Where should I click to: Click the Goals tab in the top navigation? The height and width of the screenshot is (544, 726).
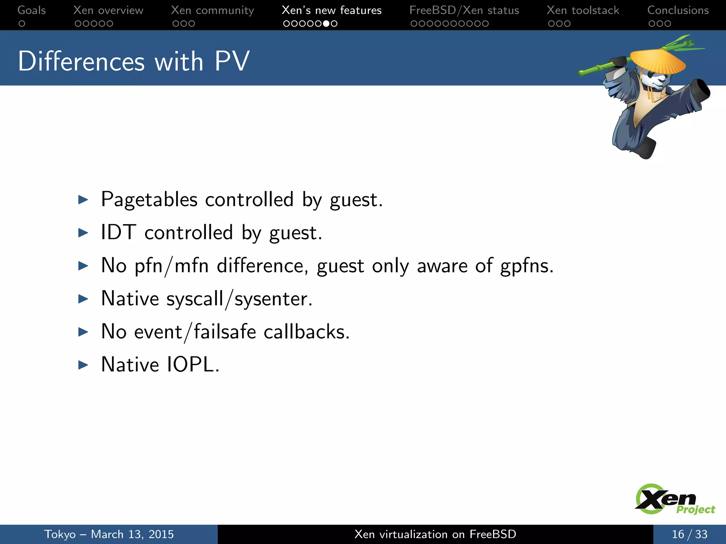pyautogui.click(x=32, y=10)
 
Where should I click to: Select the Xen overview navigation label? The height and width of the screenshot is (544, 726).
pyautogui.click(x=108, y=10)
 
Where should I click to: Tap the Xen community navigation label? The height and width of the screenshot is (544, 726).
pyautogui.click(x=212, y=10)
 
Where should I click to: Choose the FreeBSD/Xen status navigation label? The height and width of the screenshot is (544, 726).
pyautogui.click(x=464, y=10)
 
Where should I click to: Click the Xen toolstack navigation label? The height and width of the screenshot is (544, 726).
pyautogui.click(x=583, y=10)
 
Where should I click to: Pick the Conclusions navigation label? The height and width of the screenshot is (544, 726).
pyautogui.click(x=678, y=10)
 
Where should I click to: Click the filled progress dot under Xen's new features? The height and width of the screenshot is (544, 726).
pyautogui.click(x=326, y=24)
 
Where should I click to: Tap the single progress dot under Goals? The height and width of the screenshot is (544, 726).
pyautogui.click(x=22, y=24)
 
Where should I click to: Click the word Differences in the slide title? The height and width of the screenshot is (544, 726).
pyautogui.click(x=82, y=61)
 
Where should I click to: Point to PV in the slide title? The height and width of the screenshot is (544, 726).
pyautogui.click(x=232, y=61)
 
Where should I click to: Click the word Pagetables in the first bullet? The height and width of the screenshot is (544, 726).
pyautogui.click(x=149, y=200)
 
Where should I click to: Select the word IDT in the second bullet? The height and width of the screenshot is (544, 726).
pyautogui.click(x=118, y=233)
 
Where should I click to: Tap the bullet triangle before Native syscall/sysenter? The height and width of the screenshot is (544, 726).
pyautogui.click(x=83, y=299)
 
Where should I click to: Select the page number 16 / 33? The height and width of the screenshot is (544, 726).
pyautogui.click(x=689, y=534)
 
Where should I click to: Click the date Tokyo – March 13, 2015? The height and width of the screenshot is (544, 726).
pyautogui.click(x=109, y=534)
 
